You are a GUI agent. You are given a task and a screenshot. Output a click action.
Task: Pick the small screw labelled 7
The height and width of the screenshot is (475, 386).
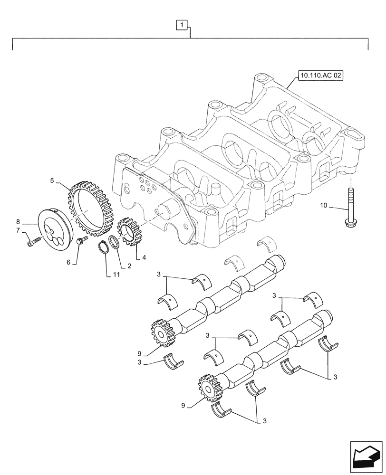coord(32,243)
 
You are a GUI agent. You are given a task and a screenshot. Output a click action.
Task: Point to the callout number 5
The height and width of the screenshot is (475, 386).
coord(52,180)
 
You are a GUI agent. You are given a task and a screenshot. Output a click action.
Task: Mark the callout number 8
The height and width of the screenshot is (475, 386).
coord(18,221)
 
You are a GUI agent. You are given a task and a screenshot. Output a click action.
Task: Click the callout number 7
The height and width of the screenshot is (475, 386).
coord(18,230)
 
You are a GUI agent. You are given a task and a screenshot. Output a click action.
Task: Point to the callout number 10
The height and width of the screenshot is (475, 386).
coord(324,206)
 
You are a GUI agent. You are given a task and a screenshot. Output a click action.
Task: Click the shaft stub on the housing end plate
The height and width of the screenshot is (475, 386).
coord(166,211)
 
